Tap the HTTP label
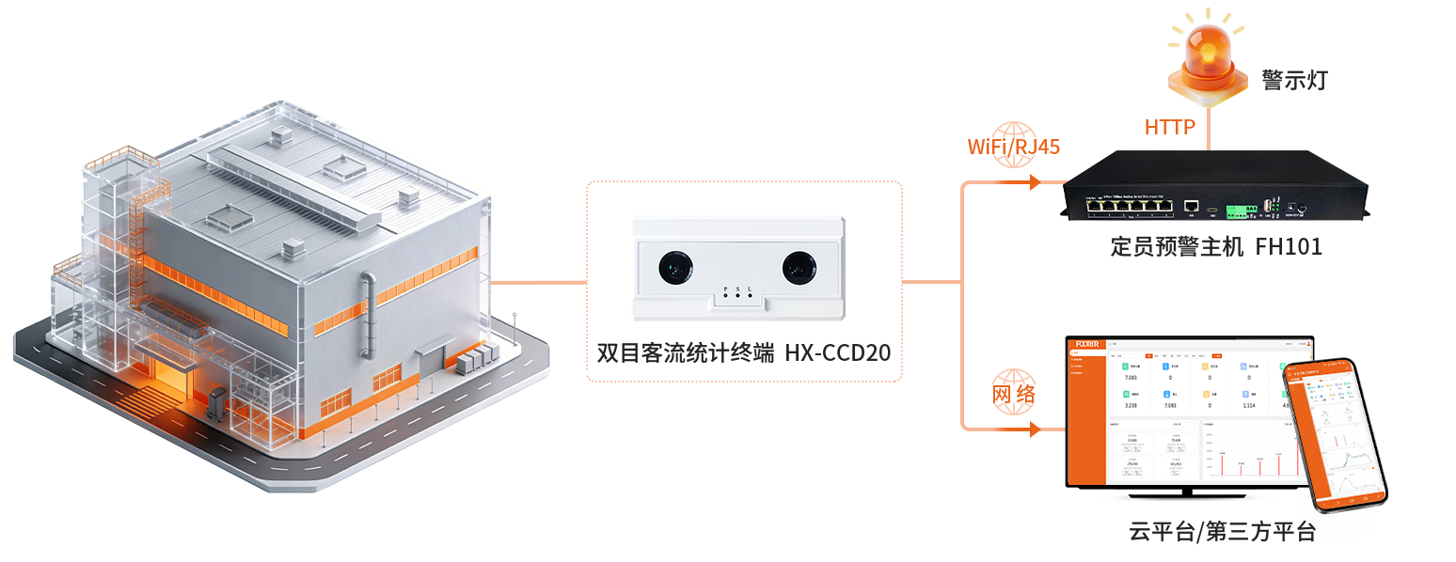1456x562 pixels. tap(1169, 127)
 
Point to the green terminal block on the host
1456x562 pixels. tap(1239, 206)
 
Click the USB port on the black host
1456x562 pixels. tap(1269, 205)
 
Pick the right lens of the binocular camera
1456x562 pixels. tap(799, 269)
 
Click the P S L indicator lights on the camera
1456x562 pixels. tap(738, 292)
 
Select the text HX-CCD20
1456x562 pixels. tap(838, 353)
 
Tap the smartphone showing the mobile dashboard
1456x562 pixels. tap(1336, 435)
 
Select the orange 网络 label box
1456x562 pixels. tap(1013, 396)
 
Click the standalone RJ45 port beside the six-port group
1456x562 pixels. tap(1190, 204)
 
